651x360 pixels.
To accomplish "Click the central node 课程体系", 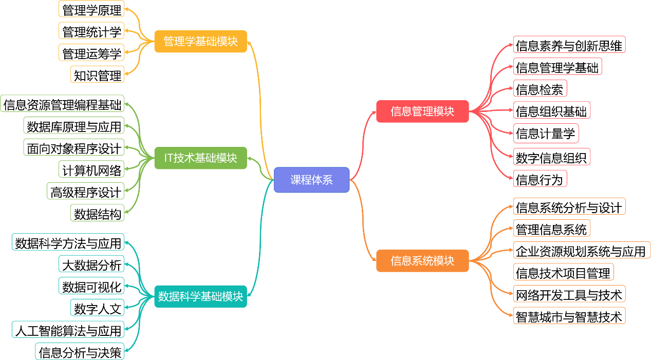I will (x=311, y=180).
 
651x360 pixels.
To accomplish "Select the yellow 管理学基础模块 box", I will (x=200, y=41).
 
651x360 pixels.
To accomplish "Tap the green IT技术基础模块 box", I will (x=200, y=158).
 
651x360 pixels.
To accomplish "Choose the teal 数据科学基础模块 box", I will (x=200, y=296).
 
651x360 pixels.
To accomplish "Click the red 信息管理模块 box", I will (x=422, y=111).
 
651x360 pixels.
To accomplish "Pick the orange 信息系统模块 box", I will (x=422, y=260).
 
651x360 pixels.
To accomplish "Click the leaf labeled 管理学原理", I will (x=92, y=10).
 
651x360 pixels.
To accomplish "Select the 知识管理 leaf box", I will (x=98, y=75).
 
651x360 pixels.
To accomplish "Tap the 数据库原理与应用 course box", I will (x=74, y=126).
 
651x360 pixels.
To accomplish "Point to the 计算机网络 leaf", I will (x=92, y=169).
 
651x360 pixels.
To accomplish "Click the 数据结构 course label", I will (x=98, y=214).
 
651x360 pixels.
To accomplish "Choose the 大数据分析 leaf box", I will (x=92, y=265).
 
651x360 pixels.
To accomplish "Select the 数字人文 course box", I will (x=98, y=308).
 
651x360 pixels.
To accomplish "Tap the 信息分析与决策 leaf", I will (x=80, y=352).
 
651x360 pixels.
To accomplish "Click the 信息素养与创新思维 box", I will (x=569, y=45).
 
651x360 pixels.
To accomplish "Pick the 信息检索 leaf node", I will (x=540, y=89).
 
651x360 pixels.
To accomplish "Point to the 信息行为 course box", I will (x=540, y=179).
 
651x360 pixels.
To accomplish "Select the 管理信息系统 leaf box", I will (x=551, y=229).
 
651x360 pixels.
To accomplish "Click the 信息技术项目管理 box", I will (x=563, y=273).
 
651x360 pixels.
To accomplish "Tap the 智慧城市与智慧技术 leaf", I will (x=569, y=316).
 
